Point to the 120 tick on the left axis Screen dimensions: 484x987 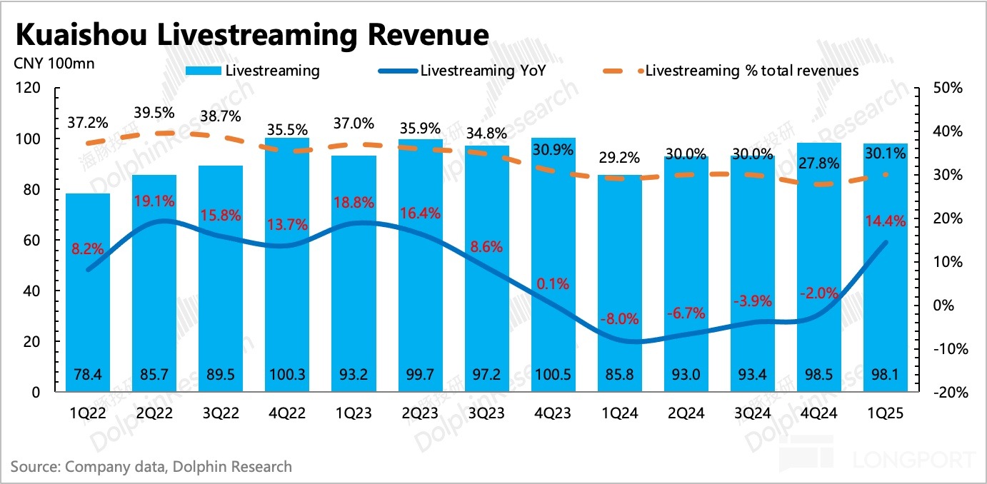click(x=32, y=89)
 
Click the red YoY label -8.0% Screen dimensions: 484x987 click(x=618, y=319)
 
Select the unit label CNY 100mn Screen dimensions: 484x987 click(x=54, y=63)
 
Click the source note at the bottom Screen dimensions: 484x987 click(x=151, y=467)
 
